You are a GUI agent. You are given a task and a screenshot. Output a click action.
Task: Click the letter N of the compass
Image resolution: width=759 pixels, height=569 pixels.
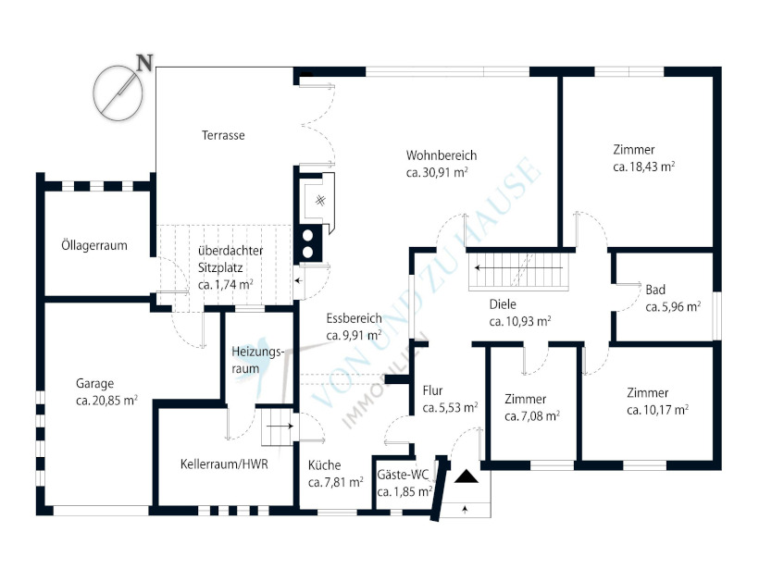(144, 62)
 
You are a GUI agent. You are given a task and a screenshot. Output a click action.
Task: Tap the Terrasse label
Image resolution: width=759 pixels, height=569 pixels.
(223, 135)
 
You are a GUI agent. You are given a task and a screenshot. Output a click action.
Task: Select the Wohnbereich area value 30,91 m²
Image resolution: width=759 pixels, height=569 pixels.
(437, 172)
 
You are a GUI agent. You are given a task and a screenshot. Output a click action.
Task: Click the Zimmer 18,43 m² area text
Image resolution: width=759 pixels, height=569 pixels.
(644, 167)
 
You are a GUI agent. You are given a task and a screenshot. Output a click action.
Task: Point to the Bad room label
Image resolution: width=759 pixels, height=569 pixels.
(655, 290)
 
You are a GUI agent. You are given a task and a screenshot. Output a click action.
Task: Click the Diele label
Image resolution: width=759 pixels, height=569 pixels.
(503, 304)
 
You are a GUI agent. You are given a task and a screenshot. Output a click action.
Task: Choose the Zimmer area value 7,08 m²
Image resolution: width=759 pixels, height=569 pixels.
(532, 416)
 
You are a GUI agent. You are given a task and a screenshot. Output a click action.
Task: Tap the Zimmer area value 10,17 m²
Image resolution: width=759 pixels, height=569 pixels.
(658, 410)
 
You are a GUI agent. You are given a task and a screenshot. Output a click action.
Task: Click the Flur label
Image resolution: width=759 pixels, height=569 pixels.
(432, 390)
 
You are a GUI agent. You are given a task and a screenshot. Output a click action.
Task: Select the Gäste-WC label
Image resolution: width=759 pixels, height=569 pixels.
(404, 475)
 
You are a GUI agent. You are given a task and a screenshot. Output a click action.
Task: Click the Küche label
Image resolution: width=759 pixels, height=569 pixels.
(324, 465)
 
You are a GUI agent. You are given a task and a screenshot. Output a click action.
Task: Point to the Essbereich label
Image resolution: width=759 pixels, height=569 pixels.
(354, 318)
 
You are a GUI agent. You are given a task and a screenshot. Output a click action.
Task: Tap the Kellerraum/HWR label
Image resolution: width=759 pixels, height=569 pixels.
(224, 464)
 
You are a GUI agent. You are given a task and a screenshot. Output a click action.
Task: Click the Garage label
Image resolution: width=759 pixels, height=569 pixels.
(94, 384)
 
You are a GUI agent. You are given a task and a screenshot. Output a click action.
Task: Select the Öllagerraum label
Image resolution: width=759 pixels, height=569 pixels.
(94, 245)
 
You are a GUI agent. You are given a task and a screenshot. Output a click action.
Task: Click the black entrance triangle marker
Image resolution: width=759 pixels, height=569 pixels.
(467, 476)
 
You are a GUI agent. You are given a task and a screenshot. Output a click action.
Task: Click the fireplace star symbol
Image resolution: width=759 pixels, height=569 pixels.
(320, 200)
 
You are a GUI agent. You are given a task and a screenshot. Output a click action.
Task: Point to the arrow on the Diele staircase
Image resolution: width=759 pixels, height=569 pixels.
(518, 267)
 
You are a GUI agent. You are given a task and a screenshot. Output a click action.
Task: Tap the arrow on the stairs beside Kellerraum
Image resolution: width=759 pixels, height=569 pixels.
(280, 427)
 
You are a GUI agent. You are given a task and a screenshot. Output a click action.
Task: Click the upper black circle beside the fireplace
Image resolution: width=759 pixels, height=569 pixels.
(308, 236)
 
